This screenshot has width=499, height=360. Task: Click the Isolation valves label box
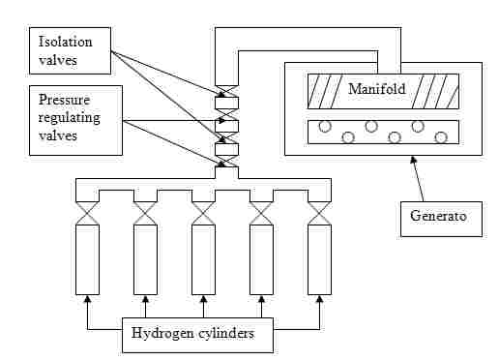pyautogui.click(x=70, y=50)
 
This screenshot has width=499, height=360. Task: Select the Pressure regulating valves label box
pyautogui.click(x=75, y=120)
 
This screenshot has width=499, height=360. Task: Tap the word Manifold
pyautogui.click(x=377, y=89)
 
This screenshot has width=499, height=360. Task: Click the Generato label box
pyautogui.click(x=441, y=219)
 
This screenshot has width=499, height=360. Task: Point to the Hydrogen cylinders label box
pyautogui.click(x=197, y=335)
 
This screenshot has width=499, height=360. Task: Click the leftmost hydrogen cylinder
pyautogui.click(x=87, y=259)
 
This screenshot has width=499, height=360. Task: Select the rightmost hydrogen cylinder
pyautogui.click(x=319, y=259)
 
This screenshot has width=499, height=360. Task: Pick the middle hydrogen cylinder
pyautogui.click(x=203, y=259)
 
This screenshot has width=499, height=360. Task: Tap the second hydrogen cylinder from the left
pyautogui.click(x=145, y=259)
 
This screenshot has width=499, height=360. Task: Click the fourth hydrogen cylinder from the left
pyautogui.click(x=261, y=259)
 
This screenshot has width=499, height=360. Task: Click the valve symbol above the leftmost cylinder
pyautogui.click(x=87, y=213)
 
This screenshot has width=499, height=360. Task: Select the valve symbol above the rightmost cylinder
pyautogui.click(x=319, y=213)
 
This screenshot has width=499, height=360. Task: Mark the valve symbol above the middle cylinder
pyautogui.click(x=203, y=213)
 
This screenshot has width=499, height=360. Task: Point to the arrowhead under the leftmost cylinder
pyautogui.click(x=87, y=299)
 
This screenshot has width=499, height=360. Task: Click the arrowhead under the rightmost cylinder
pyautogui.click(x=319, y=299)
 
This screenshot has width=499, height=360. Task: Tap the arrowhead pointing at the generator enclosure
pyautogui.click(x=413, y=160)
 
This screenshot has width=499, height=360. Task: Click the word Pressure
pyautogui.click(x=64, y=100)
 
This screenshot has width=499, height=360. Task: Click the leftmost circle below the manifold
pyautogui.click(x=325, y=126)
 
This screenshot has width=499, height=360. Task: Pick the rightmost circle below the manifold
pyautogui.click(x=441, y=137)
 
